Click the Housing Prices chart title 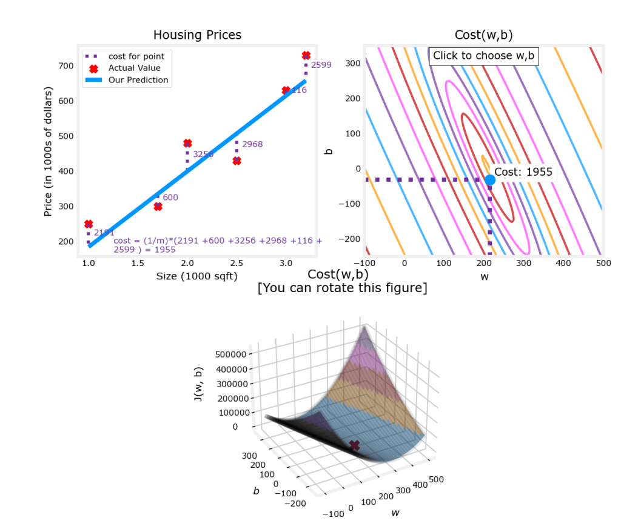197,35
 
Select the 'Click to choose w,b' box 483,56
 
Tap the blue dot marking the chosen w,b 490,179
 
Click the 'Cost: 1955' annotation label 523,172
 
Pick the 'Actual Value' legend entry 134,68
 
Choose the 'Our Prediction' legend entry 138,80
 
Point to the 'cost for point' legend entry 136,56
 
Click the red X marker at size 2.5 237,161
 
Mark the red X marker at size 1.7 158,206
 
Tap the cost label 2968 252,144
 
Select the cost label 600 170,198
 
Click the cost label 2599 321,65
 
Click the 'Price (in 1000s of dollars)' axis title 49,151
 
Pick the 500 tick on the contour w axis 602,264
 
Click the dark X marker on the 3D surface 355,445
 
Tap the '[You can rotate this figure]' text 342,288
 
